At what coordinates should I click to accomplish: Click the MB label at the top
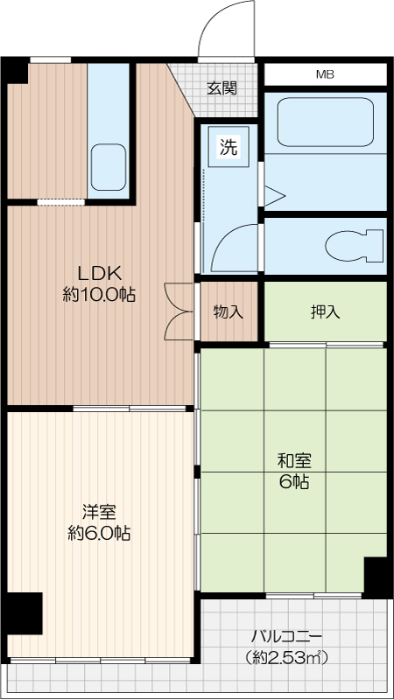(325, 74)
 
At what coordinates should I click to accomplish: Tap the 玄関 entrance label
(222, 89)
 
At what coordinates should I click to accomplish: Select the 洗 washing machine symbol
(229, 147)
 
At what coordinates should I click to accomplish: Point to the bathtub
(325, 122)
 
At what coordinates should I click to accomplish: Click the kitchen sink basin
(109, 167)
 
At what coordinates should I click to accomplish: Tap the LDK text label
(100, 272)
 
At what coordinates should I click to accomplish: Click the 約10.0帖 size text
(99, 295)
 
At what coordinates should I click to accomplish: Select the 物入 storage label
(229, 312)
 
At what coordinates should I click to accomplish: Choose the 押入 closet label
(325, 312)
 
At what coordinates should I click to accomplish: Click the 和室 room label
(294, 461)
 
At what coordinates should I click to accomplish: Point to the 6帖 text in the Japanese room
(294, 482)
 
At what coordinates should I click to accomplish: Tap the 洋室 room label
(99, 512)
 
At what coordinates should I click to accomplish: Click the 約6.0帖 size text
(99, 533)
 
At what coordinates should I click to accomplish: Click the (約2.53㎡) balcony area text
(286, 657)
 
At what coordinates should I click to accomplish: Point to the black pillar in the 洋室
(25, 613)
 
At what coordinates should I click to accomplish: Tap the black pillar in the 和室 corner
(376, 577)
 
